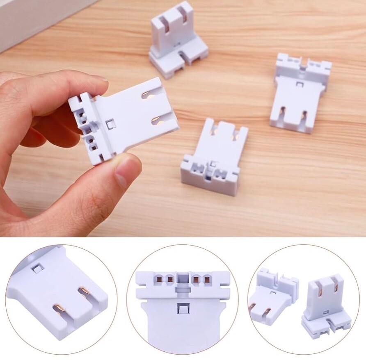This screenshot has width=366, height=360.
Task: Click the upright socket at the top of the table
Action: (x=177, y=39)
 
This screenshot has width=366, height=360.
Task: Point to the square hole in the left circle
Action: (x=37, y=269)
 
